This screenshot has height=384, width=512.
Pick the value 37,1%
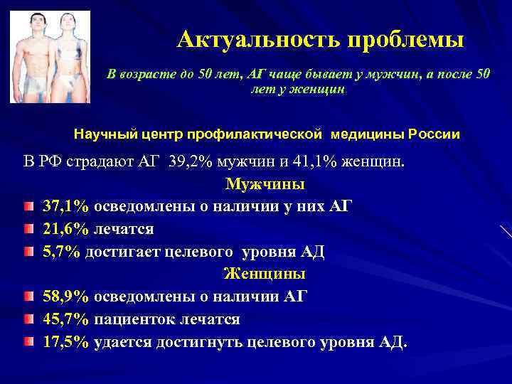click(x=65, y=206)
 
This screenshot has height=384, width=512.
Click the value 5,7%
click(x=62, y=251)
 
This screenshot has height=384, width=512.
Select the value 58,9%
click(x=65, y=296)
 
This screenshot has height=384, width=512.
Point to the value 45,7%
click(x=65, y=319)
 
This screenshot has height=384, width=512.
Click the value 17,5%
click(x=65, y=341)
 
